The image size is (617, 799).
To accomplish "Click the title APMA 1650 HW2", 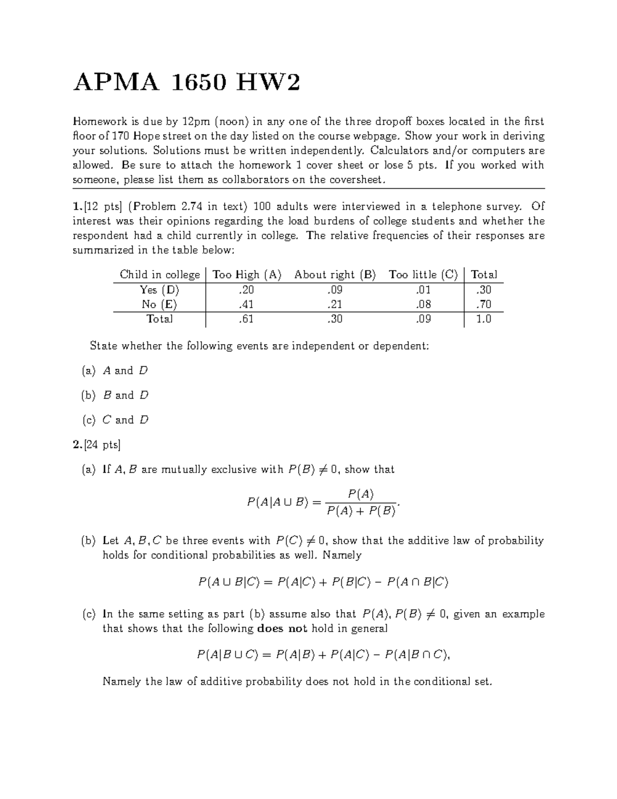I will pyautogui.click(x=186, y=82).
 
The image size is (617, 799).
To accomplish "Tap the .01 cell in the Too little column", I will pyautogui.click(x=423, y=290).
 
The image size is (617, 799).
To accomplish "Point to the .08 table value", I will pyautogui.click(x=423, y=305).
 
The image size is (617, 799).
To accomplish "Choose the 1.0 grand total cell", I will pyautogui.click(x=483, y=319).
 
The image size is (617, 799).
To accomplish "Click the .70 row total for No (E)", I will pyautogui.click(x=483, y=305).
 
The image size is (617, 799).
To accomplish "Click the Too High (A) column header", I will pyautogui.click(x=247, y=275).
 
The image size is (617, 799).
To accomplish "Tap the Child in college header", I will pyautogui.click(x=159, y=275).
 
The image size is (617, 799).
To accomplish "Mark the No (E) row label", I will pyautogui.click(x=159, y=305).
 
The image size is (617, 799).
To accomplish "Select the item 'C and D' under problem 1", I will pyautogui.click(x=125, y=420).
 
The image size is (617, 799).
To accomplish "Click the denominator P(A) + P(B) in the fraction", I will pyautogui.click(x=361, y=511).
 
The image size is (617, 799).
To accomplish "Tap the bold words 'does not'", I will pyautogui.click(x=282, y=629).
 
